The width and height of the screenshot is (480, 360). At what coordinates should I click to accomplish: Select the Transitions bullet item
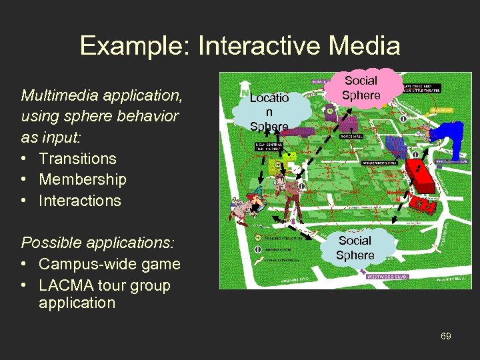click(x=77, y=159)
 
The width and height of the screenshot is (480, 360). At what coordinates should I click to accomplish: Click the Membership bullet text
click(x=82, y=179)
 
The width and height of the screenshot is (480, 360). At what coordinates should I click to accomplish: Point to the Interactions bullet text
click(x=79, y=201)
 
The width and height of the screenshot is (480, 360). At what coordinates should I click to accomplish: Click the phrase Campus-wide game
click(x=109, y=264)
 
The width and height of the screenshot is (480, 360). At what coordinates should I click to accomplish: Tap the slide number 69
click(x=445, y=336)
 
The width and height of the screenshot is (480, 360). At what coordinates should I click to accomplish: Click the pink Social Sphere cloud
click(x=361, y=88)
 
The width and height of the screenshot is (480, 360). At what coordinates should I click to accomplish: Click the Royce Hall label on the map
click(x=351, y=136)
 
